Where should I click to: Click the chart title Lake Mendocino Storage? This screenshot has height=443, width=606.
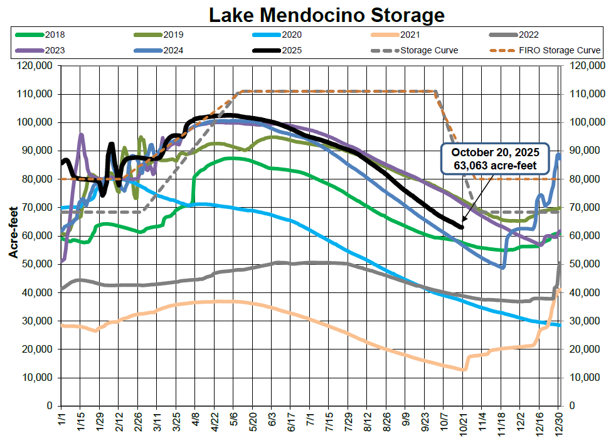click(x=326, y=14)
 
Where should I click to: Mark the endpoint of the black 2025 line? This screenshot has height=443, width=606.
click(x=462, y=227)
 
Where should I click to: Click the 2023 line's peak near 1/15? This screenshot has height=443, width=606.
click(x=81, y=134)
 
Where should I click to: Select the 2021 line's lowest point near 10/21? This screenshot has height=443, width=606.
click(x=463, y=370)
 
